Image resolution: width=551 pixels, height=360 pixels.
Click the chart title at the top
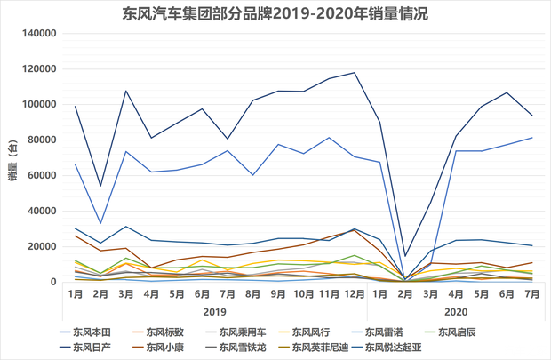275,14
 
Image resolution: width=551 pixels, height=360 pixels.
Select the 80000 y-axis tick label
38,140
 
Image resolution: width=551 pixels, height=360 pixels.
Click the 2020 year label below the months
455,312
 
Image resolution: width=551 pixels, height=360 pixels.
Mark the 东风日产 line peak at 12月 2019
355,73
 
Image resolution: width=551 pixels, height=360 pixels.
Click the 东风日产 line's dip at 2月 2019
100,187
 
